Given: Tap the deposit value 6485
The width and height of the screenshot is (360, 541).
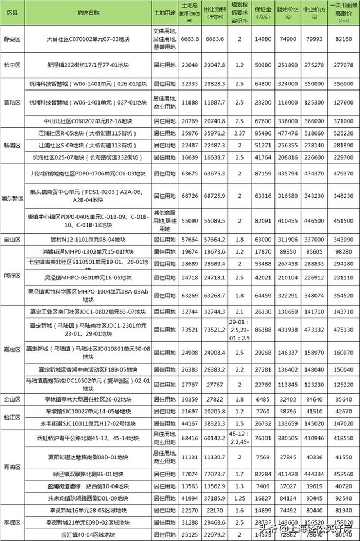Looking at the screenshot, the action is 263,398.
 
